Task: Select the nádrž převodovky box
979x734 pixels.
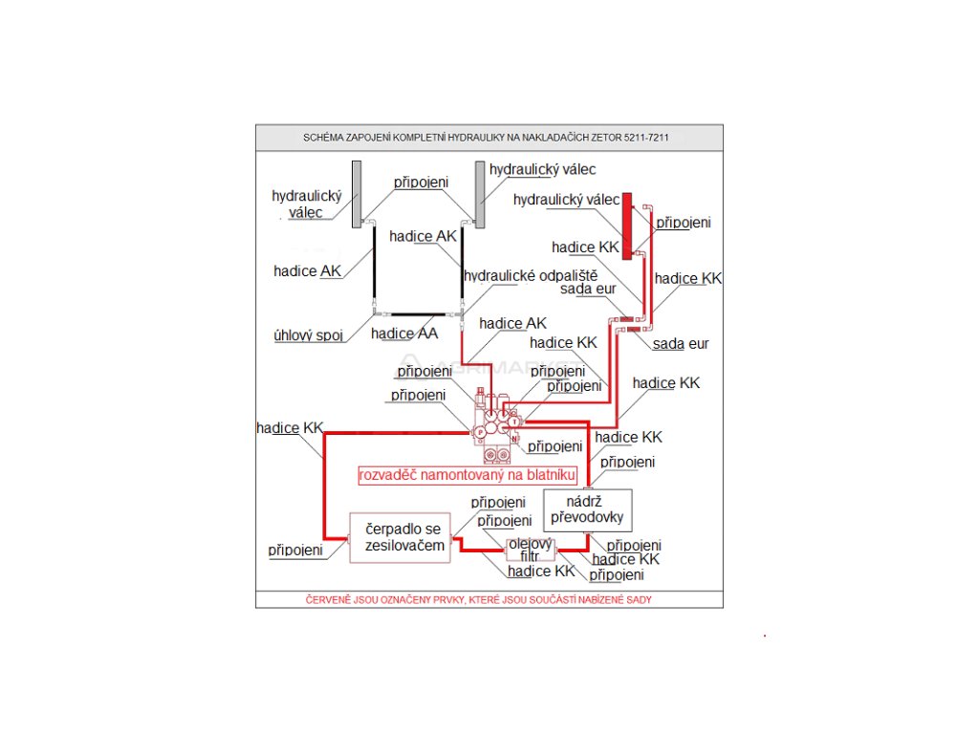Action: click(587, 509)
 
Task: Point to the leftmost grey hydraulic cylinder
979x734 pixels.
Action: click(356, 194)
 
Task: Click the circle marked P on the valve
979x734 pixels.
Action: click(481, 432)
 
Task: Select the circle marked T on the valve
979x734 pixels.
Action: click(513, 421)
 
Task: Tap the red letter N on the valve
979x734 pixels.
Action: click(513, 439)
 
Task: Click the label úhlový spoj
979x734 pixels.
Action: click(308, 335)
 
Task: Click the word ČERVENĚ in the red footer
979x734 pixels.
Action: click(327, 599)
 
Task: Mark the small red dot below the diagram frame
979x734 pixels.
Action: click(765, 635)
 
